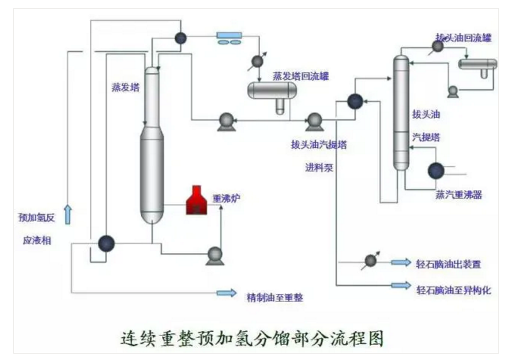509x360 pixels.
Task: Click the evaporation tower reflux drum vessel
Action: [x=272, y=91]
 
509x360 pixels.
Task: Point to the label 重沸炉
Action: [x=226, y=198]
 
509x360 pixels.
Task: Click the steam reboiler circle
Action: [x=436, y=171]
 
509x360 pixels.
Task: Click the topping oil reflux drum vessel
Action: [x=478, y=64]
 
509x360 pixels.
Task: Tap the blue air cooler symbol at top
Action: [x=227, y=37]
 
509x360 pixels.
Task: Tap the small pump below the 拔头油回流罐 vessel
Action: [x=452, y=91]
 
